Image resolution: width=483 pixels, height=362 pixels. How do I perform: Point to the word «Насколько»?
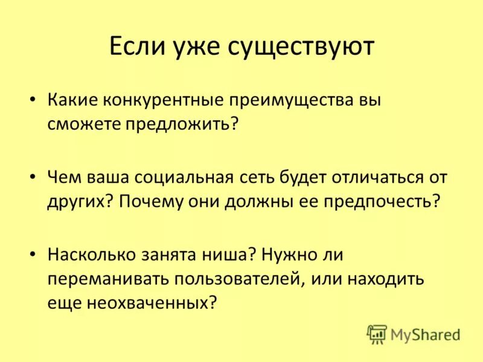coord(92,255)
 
